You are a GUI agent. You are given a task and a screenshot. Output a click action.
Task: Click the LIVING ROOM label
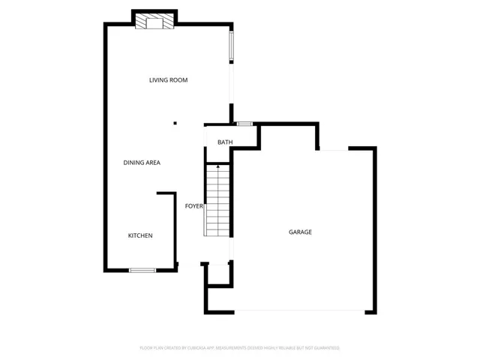[168, 80]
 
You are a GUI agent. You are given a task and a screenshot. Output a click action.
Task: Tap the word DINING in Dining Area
[133, 163]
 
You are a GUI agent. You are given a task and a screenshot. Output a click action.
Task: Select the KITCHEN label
[140, 235]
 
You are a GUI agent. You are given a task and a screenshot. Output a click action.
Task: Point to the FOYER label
[194, 205]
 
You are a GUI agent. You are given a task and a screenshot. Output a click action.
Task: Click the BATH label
[225, 142]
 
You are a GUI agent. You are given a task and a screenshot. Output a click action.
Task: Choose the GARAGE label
[300, 232]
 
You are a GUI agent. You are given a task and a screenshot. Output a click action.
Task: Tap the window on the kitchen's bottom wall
[142, 270]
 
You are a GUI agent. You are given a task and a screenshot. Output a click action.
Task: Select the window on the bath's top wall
[244, 124]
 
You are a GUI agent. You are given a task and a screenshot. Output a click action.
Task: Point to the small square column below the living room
[175, 124]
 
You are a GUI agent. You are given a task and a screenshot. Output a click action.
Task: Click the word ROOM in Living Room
[178, 80]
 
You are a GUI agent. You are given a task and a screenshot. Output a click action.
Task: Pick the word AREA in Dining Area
[152, 163]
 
